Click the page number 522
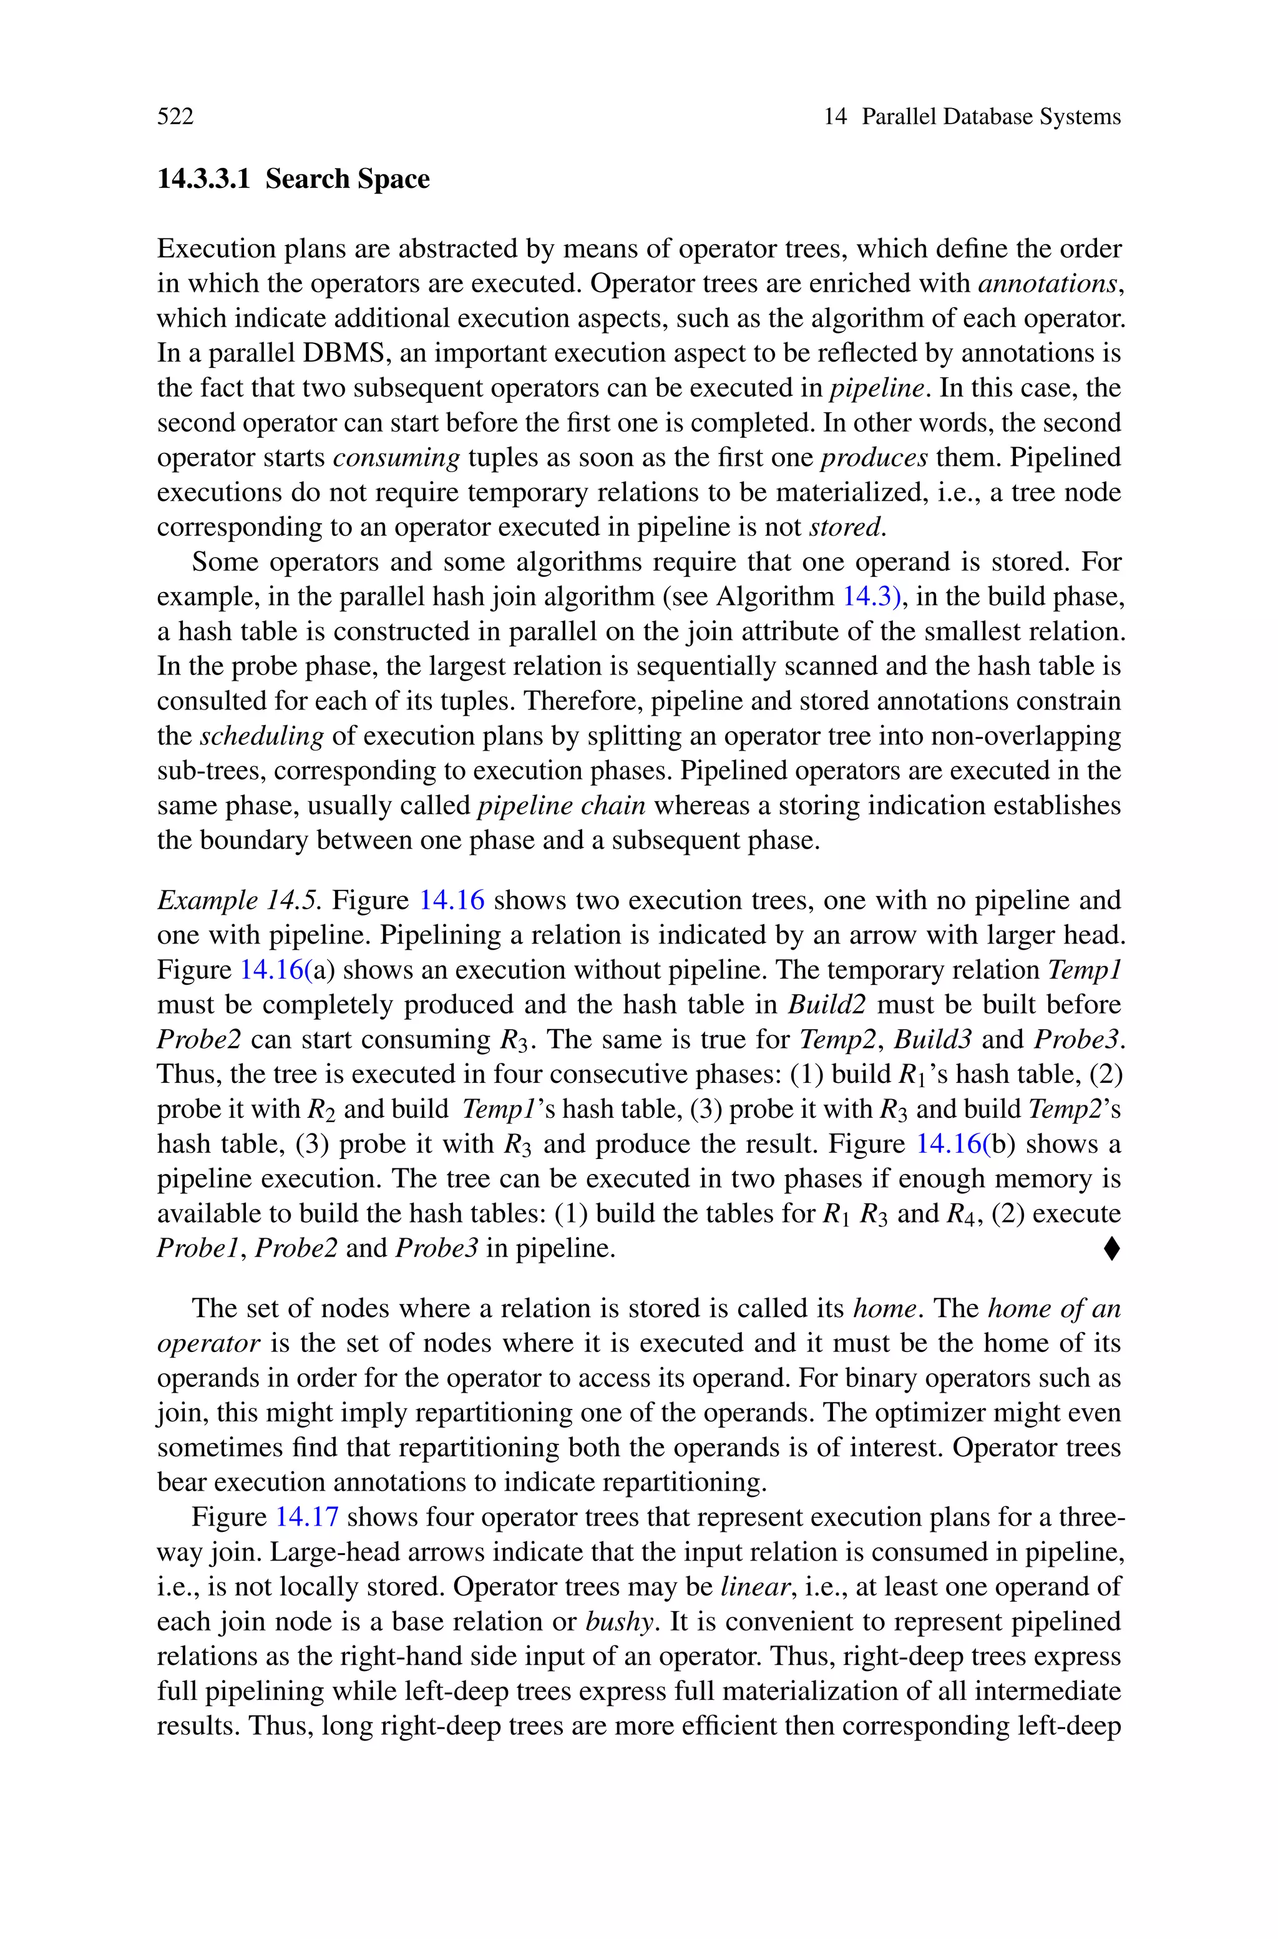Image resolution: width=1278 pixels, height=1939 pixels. tap(175, 117)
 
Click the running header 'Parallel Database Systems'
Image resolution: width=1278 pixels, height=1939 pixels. tap(991, 117)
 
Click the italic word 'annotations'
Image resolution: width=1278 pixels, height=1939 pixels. tap(1047, 284)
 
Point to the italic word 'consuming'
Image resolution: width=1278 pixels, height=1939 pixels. tap(397, 458)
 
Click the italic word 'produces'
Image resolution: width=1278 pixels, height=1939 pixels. tap(874, 458)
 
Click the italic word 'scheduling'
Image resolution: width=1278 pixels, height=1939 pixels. tap(261, 737)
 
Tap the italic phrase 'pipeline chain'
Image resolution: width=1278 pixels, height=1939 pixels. tap(562, 806)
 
